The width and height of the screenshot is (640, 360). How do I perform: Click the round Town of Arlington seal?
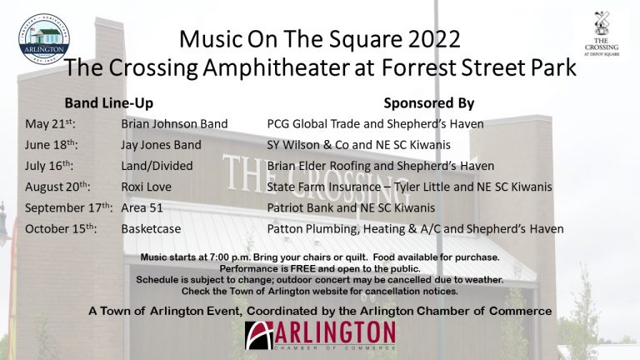pos(44,39)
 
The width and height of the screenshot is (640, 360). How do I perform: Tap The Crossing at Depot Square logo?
pos(602,34)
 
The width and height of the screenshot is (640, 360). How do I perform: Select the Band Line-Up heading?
pos(109,102)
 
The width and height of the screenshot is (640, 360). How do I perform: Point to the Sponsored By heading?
pos(429,103)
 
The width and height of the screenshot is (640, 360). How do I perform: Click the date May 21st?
pos(50,123)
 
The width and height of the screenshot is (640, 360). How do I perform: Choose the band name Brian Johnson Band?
pos(174,123)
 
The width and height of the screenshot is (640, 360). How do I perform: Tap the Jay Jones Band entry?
pos(161,145)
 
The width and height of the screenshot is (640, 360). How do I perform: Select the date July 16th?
pos(49,166)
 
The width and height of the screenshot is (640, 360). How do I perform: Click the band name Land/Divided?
pos(157,166)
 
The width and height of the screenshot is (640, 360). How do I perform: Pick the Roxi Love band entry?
pos(146,187)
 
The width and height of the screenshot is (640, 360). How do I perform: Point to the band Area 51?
pos(142,207)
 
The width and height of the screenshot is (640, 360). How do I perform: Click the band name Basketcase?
pos(151,228)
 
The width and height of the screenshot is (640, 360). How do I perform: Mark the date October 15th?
pos(61,228)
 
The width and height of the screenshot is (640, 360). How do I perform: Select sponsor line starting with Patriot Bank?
pos(351,207)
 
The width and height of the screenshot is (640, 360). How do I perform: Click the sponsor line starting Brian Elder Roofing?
pos(380,166)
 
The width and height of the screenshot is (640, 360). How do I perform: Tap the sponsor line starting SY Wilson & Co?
pos(359,145)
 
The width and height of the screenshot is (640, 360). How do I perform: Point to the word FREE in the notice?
pos(302,269)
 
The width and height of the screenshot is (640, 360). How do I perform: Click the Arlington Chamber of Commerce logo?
pos(320,336)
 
